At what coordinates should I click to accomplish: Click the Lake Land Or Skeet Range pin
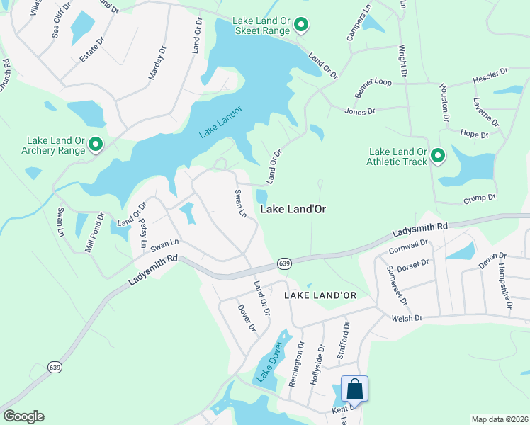click(301, 26)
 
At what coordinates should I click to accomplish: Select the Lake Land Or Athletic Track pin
click(438, 156)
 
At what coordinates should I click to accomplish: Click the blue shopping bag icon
click(354, 389)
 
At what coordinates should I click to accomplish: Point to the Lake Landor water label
click(220, 121)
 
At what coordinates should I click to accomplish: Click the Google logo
click(23, 416)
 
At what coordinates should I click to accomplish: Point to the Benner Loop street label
click(373, 87)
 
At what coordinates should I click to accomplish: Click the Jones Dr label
click(360, 110)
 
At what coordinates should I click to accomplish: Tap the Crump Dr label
click(480, 199)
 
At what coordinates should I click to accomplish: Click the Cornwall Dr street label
click(409, 246)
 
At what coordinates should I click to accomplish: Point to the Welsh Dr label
click(407, 318)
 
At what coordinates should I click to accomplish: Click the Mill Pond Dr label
click(95, 232)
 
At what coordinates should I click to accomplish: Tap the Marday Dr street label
click(157, 64)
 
